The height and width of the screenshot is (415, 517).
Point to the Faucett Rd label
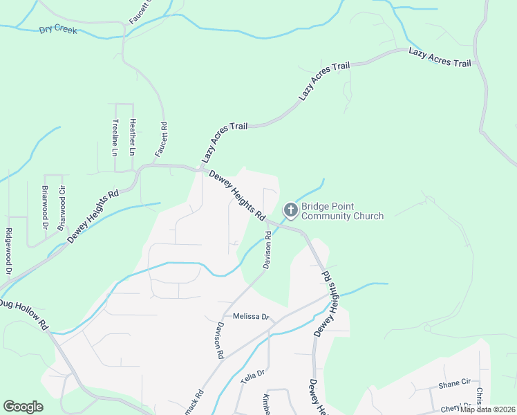(x=161, y=140)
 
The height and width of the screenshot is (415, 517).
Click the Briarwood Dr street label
(x=45, y=207)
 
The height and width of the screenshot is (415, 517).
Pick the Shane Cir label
(x=454, y=382)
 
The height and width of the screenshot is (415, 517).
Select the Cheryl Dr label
(x=456, y=407)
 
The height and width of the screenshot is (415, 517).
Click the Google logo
(x=23, y=406)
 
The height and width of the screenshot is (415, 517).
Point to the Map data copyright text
(x=487, y=409)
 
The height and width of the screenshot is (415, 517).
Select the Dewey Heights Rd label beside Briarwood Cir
(x=93, y=216)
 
